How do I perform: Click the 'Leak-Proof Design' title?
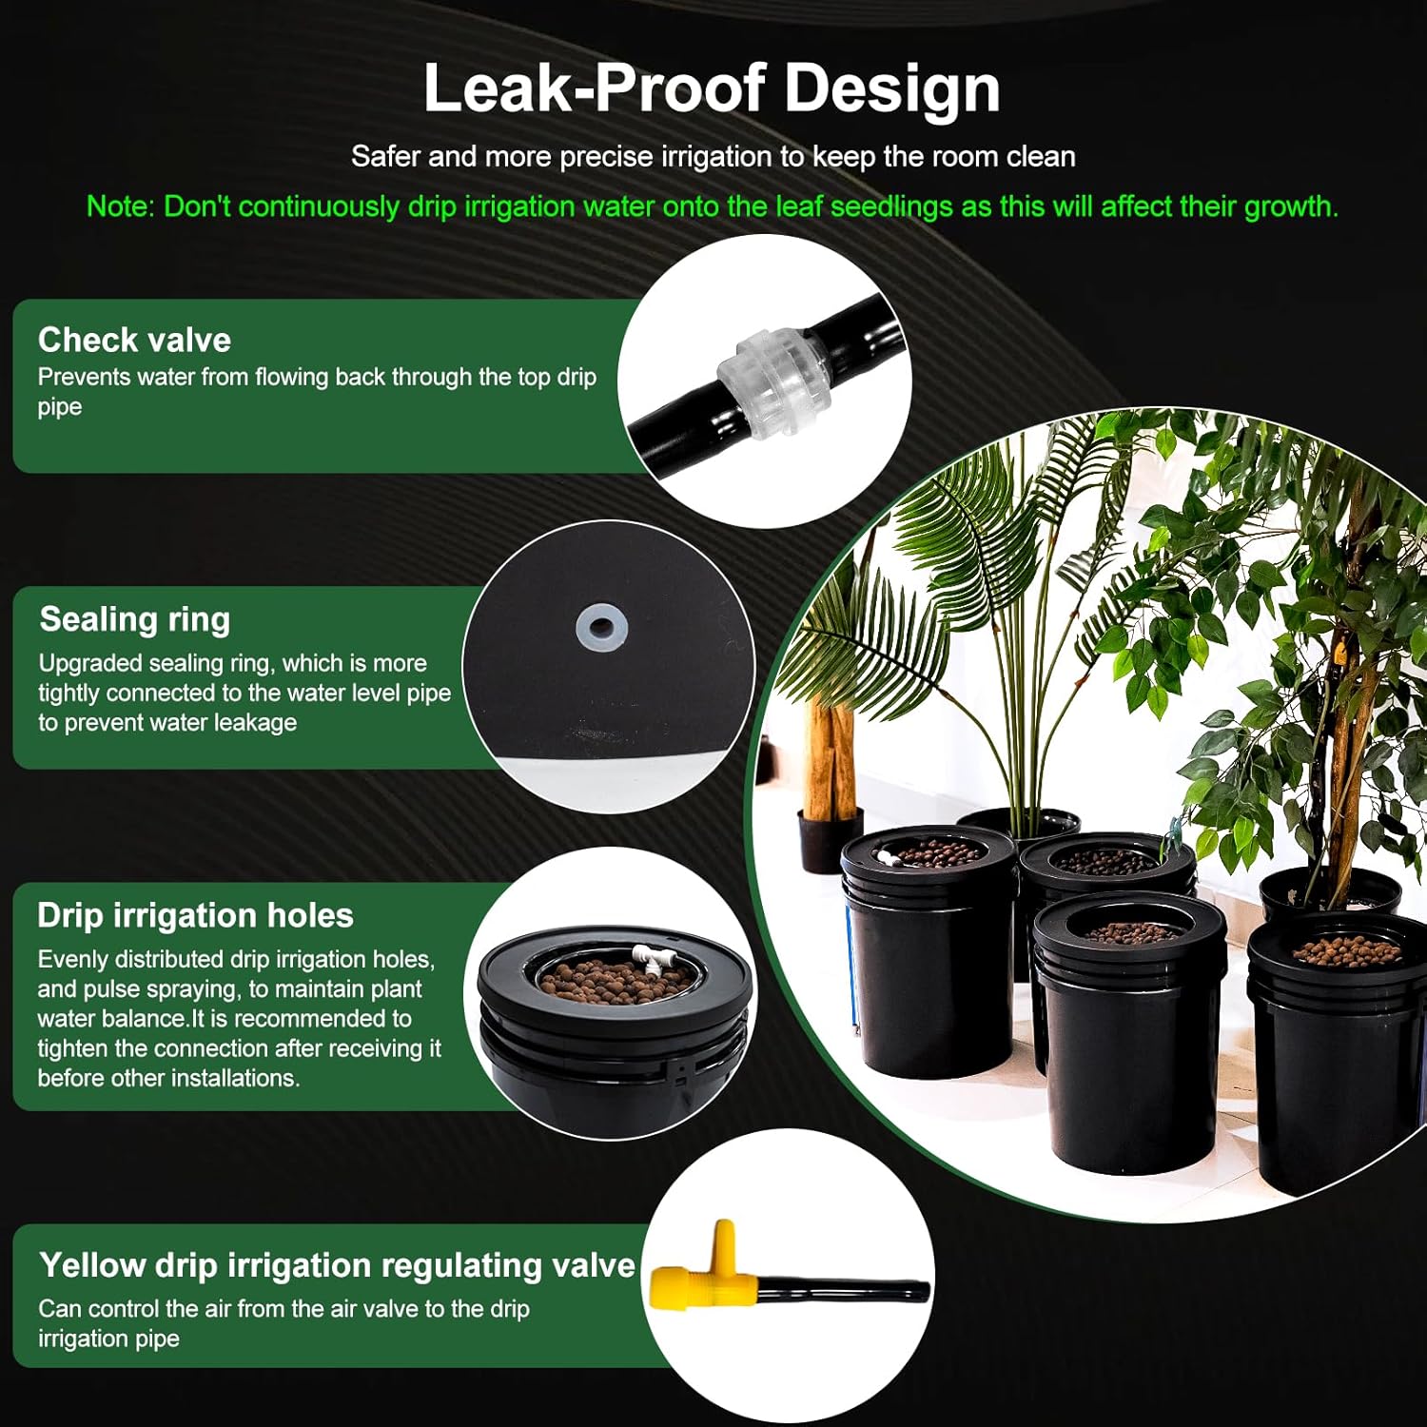(x=712, y=88)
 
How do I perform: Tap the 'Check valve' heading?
(x=134, y=340)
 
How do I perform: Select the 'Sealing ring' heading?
(x=135, y=619)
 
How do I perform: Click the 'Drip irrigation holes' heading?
(x=195, y=915)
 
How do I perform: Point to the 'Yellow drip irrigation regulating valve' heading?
(x=337, y=1265)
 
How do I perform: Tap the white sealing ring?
(x=601, y=627)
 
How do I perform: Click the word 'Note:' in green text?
(x=121, y=206)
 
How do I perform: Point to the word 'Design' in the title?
(x=892, y=88)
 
